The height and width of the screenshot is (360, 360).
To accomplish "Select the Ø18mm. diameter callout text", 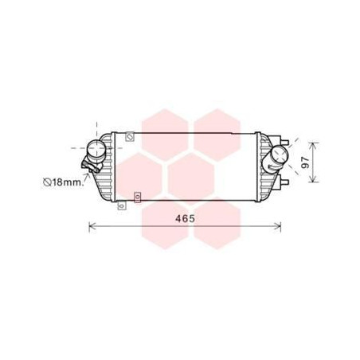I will (62, 182).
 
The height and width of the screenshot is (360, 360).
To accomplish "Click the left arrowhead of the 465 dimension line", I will (90, 227).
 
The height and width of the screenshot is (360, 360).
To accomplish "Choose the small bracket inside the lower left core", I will (138, 194).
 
